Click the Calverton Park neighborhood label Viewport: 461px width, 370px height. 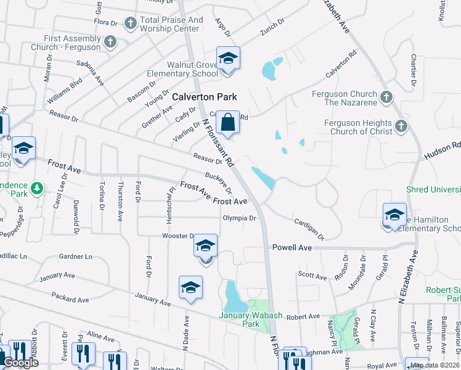204,97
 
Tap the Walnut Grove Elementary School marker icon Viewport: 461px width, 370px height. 228,59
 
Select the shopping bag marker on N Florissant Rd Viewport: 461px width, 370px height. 227,122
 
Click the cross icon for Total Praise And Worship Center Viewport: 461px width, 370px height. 130,23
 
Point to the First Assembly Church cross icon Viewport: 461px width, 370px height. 110,42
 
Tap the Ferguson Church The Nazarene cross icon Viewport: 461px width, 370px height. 386,97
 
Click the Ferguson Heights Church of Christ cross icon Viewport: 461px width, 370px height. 401,126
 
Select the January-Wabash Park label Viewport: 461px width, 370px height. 250,319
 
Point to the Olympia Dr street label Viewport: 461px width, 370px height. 239,218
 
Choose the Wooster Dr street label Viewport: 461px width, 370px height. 178,236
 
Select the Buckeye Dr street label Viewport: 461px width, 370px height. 218,183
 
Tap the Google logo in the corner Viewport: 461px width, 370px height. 20,363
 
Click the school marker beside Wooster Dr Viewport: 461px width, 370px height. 205,247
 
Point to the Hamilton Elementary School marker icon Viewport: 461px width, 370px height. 394,215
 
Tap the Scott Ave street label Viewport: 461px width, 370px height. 312,277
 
